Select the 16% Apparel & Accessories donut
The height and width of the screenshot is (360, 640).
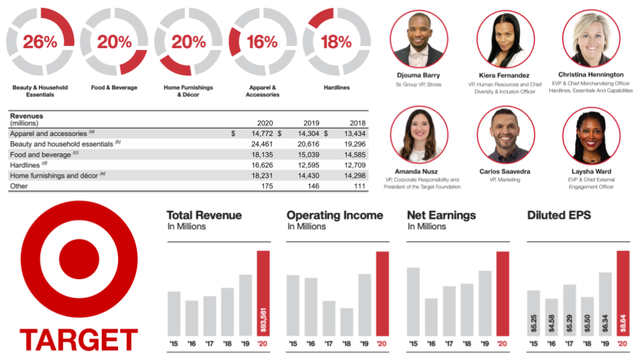coord(262,41)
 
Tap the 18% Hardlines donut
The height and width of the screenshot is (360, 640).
coord(336,41)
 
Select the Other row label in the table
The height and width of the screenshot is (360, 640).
coord(21,186)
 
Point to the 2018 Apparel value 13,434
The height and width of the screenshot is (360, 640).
coord(354,133)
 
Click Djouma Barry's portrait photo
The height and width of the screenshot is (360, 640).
coord(417,41)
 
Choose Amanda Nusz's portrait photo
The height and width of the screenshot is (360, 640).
coord(417,135)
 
